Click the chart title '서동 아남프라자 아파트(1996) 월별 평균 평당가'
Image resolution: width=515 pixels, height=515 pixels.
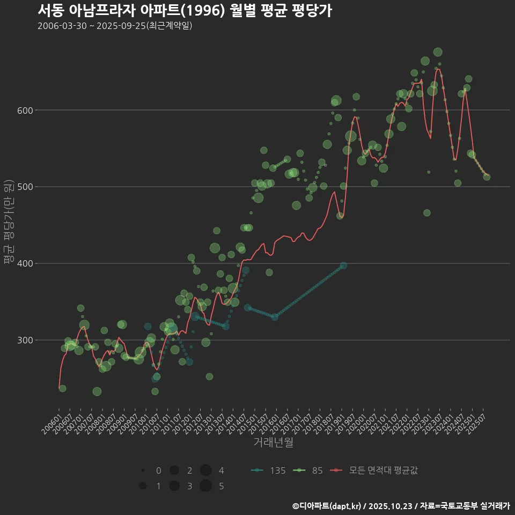tap(185, 11)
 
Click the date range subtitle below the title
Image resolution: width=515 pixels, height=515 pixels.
tap(115, 26)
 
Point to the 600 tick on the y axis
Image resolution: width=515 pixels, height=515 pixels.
tap(27, 111)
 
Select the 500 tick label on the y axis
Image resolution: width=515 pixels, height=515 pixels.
tap(27, 187)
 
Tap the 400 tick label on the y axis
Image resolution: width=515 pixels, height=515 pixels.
tap(27, 263)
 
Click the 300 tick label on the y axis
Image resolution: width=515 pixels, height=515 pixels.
tap(27, 340)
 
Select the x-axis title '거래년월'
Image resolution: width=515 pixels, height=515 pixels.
tap(273, 443)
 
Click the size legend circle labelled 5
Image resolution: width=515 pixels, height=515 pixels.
tap(205, 486)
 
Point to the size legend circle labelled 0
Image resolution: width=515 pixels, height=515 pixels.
tap(143, 470)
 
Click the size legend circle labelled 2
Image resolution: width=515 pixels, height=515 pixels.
tap(174, 470)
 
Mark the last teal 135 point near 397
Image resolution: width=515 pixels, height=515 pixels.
tap(343, 266)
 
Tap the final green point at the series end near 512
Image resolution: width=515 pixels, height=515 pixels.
tap(487, 177)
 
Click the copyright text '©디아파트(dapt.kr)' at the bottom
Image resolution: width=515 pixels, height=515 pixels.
tap(327, 506)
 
